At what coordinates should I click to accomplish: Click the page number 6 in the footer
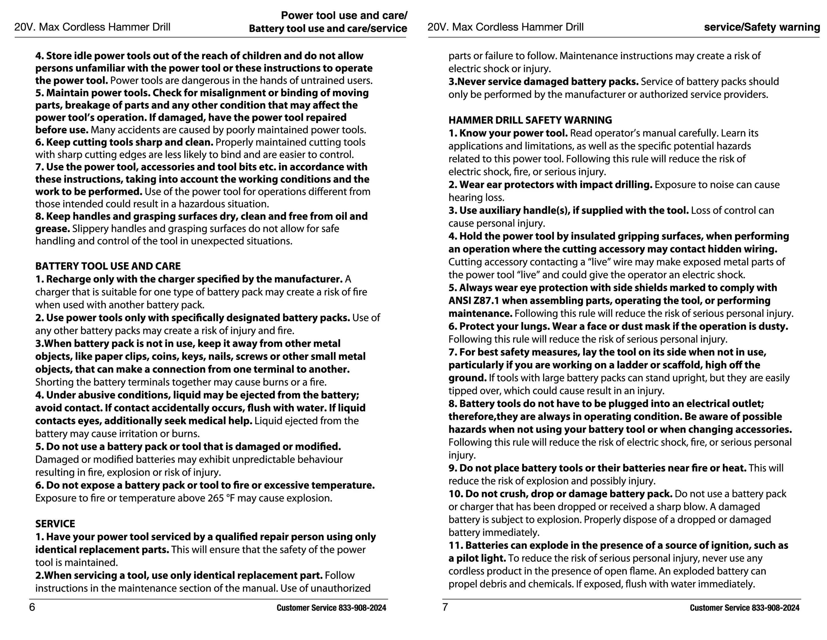[32, 607]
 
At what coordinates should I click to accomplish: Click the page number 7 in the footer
[445, 607]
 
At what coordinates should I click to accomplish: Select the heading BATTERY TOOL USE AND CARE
[108, 266]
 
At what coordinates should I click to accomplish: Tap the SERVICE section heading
[55, 524]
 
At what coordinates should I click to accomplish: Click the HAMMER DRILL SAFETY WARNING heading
[530, 120]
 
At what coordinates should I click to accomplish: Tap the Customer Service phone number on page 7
[775, 608]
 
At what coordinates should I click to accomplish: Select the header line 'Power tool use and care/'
[344, 15]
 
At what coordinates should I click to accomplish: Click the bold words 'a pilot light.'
[477, 558]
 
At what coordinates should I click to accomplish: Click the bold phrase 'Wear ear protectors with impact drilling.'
[555, 185]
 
